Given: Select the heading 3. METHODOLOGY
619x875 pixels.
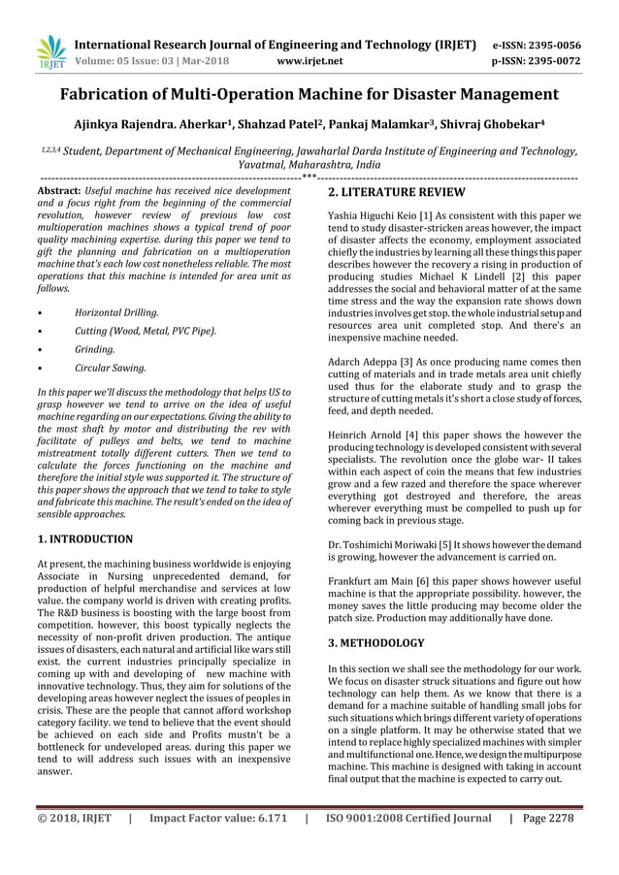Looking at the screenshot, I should click(375, 643).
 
